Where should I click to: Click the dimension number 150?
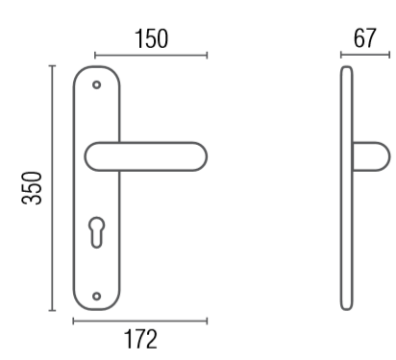pyautogui.click(x=151, y=39)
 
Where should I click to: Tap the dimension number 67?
pyautogui.click(x=364, y=38)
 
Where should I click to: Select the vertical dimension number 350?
pyautogui.click(x=32, y=188)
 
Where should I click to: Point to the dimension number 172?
pyautogui.click(x=140, y=339)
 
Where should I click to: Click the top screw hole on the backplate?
pyautogui.click(x=96, y=84)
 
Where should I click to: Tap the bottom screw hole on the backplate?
pyautogui.click(x=96, y=296)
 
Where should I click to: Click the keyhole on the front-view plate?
pyautogui.click(x=96, y=232)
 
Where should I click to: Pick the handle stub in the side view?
pyautogui.click(x=371, y=156)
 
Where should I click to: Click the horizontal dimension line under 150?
pyautogui.click(x=151, y=56)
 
